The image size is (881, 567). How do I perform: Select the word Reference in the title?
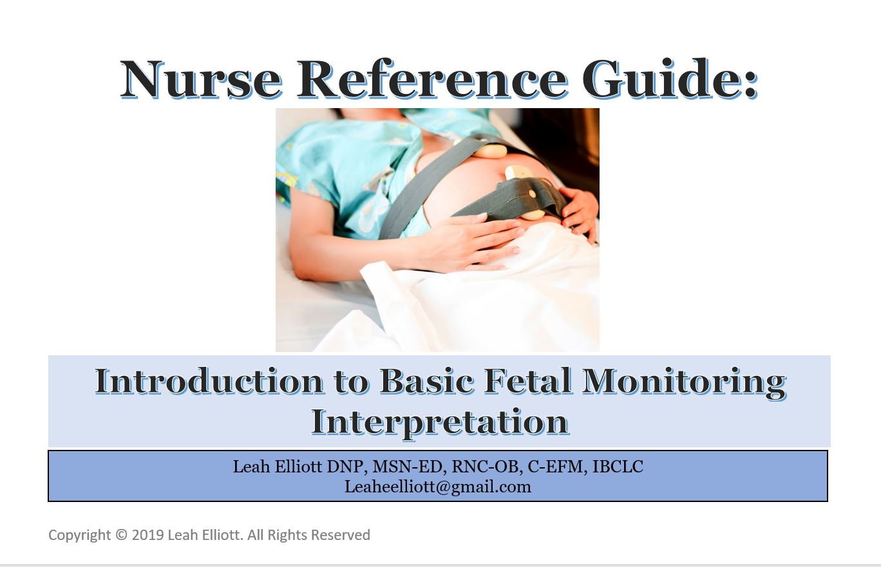click(432, 79)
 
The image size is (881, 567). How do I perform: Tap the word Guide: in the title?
click(670, 79)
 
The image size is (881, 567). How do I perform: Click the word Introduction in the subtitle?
click(209, 381)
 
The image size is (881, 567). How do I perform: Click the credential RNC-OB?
click(487, 467)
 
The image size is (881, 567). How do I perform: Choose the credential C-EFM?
click(557, 467)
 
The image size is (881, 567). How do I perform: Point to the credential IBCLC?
click(618, 467)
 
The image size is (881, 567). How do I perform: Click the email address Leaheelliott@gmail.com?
click(438, 487)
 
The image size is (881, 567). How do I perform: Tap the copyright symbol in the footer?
click(122, 535)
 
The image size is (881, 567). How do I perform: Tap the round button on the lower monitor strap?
click(532, 194)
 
